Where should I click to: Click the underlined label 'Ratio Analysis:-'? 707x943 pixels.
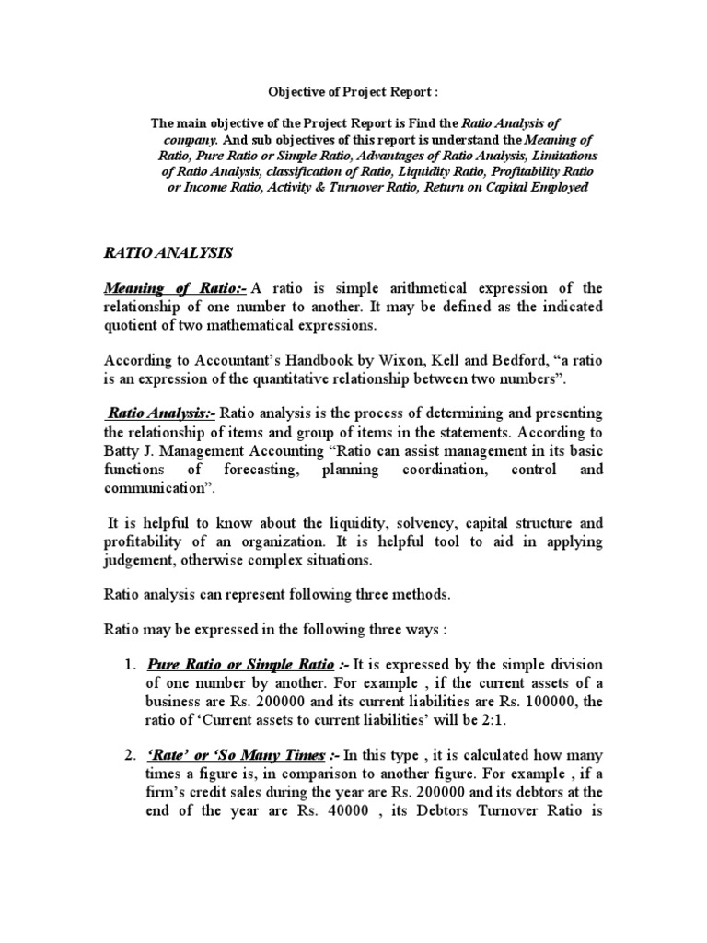pyautogui.click(x=161, y=412)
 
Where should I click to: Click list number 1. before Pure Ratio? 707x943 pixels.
pyautogui.click(x=128, y=664)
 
